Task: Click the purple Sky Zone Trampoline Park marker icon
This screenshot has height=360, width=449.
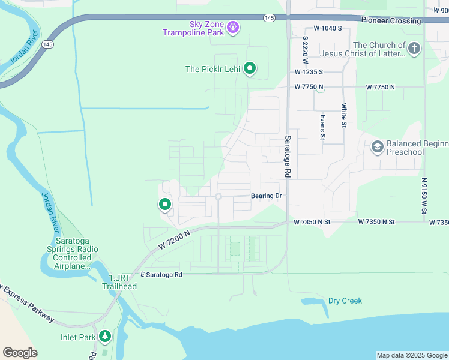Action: [x=234, y=27]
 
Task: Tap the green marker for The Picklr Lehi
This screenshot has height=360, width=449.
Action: [x=250, y=69]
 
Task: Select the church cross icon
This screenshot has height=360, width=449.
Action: [x=414, y=49]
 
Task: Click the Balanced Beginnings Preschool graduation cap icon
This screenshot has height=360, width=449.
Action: [x=378, y=147]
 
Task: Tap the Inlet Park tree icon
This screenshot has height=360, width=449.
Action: [x=106, y=336]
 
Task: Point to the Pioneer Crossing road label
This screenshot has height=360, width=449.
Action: [x=391, y=20]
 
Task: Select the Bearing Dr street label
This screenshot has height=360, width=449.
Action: [x=266, y=196]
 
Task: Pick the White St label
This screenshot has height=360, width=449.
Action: [x=344, y=115]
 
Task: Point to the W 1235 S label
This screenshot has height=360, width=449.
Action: [x=309, y=71]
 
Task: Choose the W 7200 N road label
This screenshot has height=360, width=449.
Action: [x=175, y=240]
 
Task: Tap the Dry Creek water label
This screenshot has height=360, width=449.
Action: [x=345, y=301]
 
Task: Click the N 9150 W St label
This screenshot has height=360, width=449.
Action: [x=424, y=196]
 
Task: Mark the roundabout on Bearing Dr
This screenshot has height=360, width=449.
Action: [x=218, y=197]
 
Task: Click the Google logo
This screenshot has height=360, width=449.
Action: [x=20, y=353]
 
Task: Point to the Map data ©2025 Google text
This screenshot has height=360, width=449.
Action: [x=411, y=355]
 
